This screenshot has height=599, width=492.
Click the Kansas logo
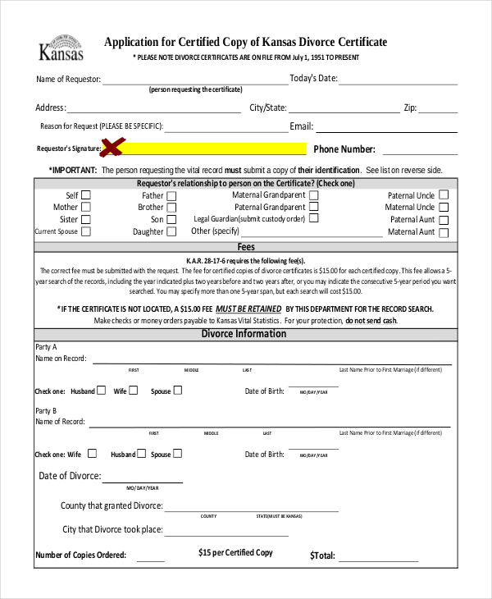[x=61, y=50]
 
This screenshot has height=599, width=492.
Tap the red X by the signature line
[x=112, y=148]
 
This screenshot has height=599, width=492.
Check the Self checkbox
[x=86, y=195]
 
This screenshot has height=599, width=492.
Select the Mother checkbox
[x=86, y=208]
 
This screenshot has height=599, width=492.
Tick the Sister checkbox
[x=86, y=220]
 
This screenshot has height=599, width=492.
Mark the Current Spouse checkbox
[x=86, y=232]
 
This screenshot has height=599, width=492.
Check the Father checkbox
[x=171, y=196]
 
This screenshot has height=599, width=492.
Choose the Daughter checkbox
[x=171, y=232]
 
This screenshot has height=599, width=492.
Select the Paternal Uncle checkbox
[x=444, y=195]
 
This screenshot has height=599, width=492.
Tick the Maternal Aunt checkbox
[x=444, y=232]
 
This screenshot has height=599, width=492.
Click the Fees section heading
[x=246, y=247]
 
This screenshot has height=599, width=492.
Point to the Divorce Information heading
[x=244, y=334]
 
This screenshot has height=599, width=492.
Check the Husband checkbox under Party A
[x=102, y=391]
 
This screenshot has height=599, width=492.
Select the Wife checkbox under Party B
[x=92, y=454]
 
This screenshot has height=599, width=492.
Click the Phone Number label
[x=344, y=149]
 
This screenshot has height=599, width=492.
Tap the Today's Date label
[x=313, y=79]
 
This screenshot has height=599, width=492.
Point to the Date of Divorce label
[x=70, y=476]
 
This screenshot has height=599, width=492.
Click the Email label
[x=301, y=126]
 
